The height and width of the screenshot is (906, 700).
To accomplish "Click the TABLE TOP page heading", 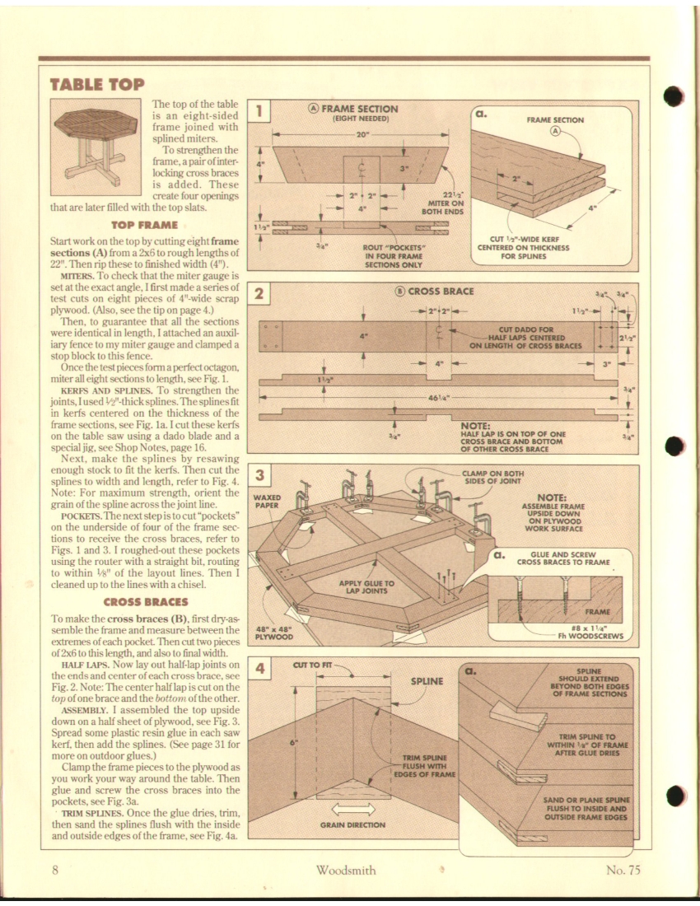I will [97, 84].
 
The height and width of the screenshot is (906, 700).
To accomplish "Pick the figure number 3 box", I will [259, 476].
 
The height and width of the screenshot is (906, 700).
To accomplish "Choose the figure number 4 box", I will [259, 669].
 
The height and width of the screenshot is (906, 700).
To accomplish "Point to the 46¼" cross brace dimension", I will [438, 396].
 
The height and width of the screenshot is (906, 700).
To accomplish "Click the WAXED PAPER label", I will [267, 502].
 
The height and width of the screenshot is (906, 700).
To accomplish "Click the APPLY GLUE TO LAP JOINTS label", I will [367, 587].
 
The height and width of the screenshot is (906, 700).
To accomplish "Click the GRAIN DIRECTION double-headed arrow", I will [353, 808].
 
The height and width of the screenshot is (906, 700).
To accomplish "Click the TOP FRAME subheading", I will [144, 223].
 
